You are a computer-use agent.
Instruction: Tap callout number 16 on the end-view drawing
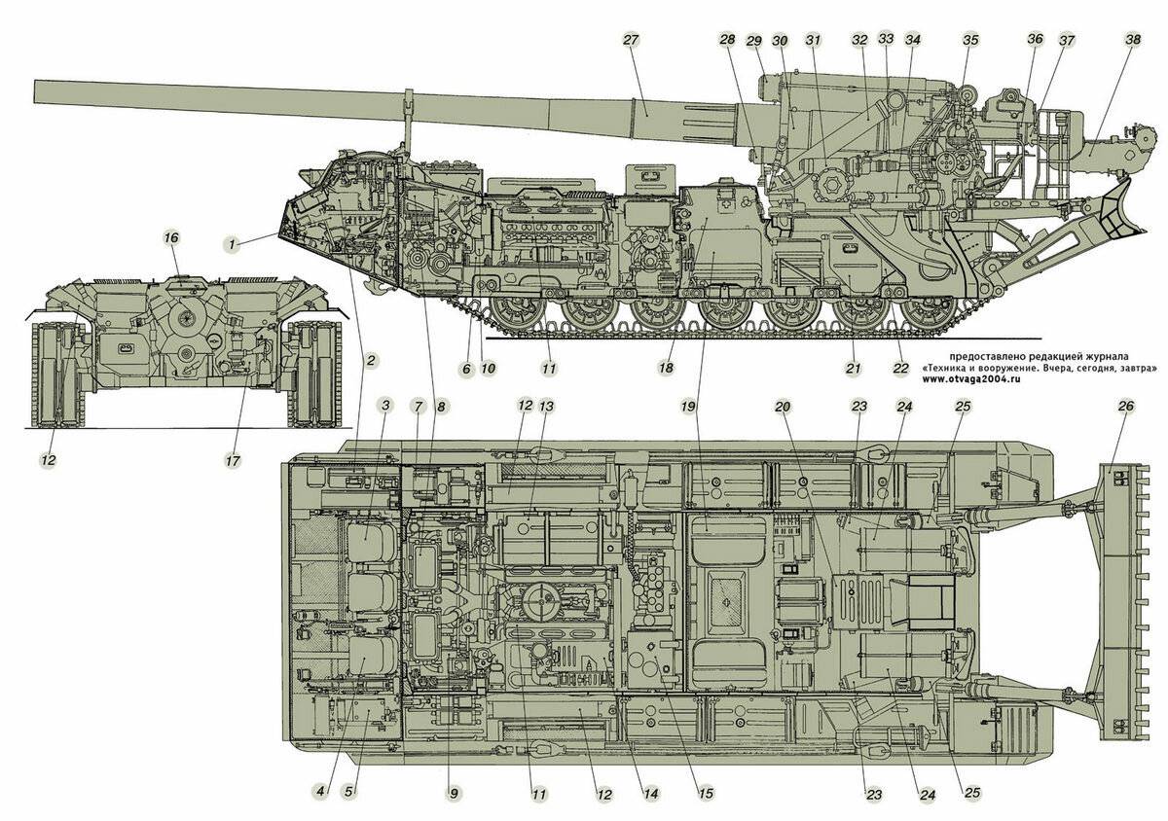coord(171,237)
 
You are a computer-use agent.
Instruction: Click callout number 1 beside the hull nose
coord(234,245)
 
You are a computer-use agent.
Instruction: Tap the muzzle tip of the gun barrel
coord(37,90)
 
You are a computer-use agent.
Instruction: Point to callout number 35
coord(969,40)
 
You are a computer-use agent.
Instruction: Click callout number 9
coord(452,794)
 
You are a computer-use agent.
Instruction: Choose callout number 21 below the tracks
coord(854,369)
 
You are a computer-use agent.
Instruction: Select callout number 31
coord(814,40)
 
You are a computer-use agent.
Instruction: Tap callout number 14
coord(650,794)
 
